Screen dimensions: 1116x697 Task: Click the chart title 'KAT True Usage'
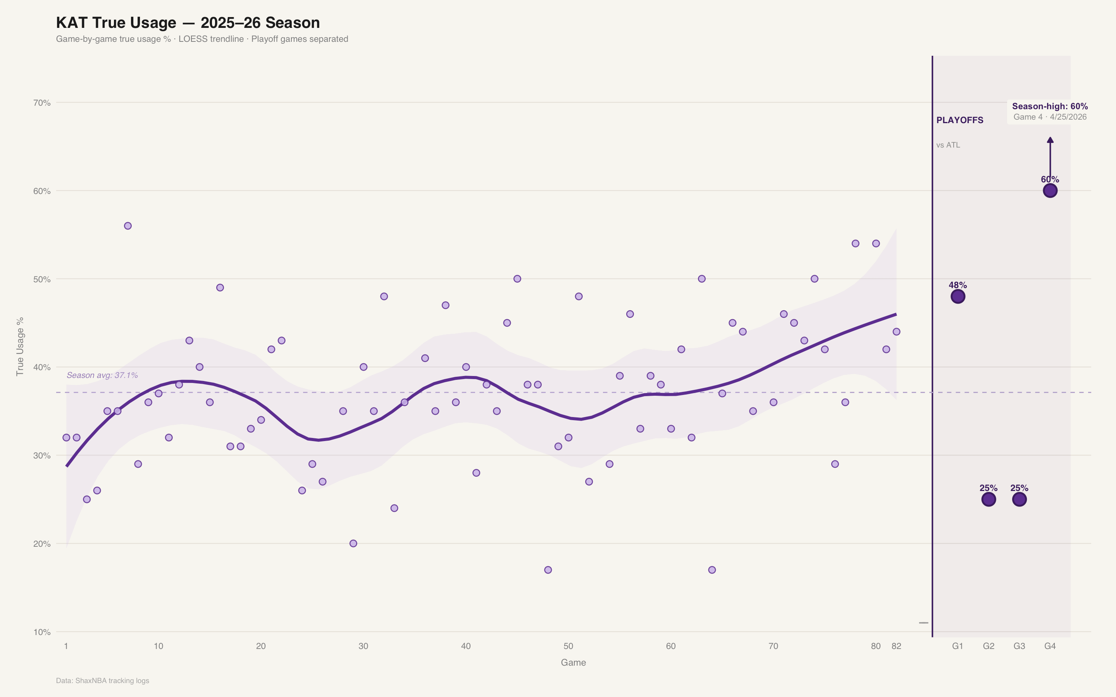tap(116, 22)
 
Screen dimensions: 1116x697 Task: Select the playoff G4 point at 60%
tap(1050, 191)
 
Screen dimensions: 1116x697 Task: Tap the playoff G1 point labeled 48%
tap(958, 296)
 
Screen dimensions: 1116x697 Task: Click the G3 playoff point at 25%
tap(1019, 499)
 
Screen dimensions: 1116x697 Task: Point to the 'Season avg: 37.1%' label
tap(102, 375)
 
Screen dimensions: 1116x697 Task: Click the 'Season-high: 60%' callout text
tap(1050, 106)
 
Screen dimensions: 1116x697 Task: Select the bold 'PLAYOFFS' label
tap(960, 120)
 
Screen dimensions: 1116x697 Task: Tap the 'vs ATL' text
tap(948, 145)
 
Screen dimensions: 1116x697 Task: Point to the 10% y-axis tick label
tap(42, 632)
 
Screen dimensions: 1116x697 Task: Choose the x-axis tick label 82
tap(896, 646)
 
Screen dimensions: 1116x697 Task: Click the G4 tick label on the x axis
tap(1050, 646)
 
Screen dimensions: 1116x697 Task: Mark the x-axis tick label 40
tap(466, 646)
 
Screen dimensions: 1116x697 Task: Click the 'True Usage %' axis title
tap(20, 347)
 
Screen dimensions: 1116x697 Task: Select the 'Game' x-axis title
tap(573, 663)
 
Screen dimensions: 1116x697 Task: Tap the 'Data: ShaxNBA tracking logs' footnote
tap(102, 681)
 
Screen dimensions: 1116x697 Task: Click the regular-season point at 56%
tap(128, 226)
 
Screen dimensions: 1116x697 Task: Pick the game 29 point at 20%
tap(353, 544)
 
